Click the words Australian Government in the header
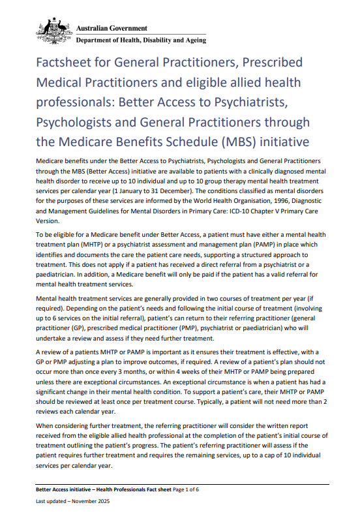coord(112,28)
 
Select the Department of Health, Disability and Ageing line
coord(141,40)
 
